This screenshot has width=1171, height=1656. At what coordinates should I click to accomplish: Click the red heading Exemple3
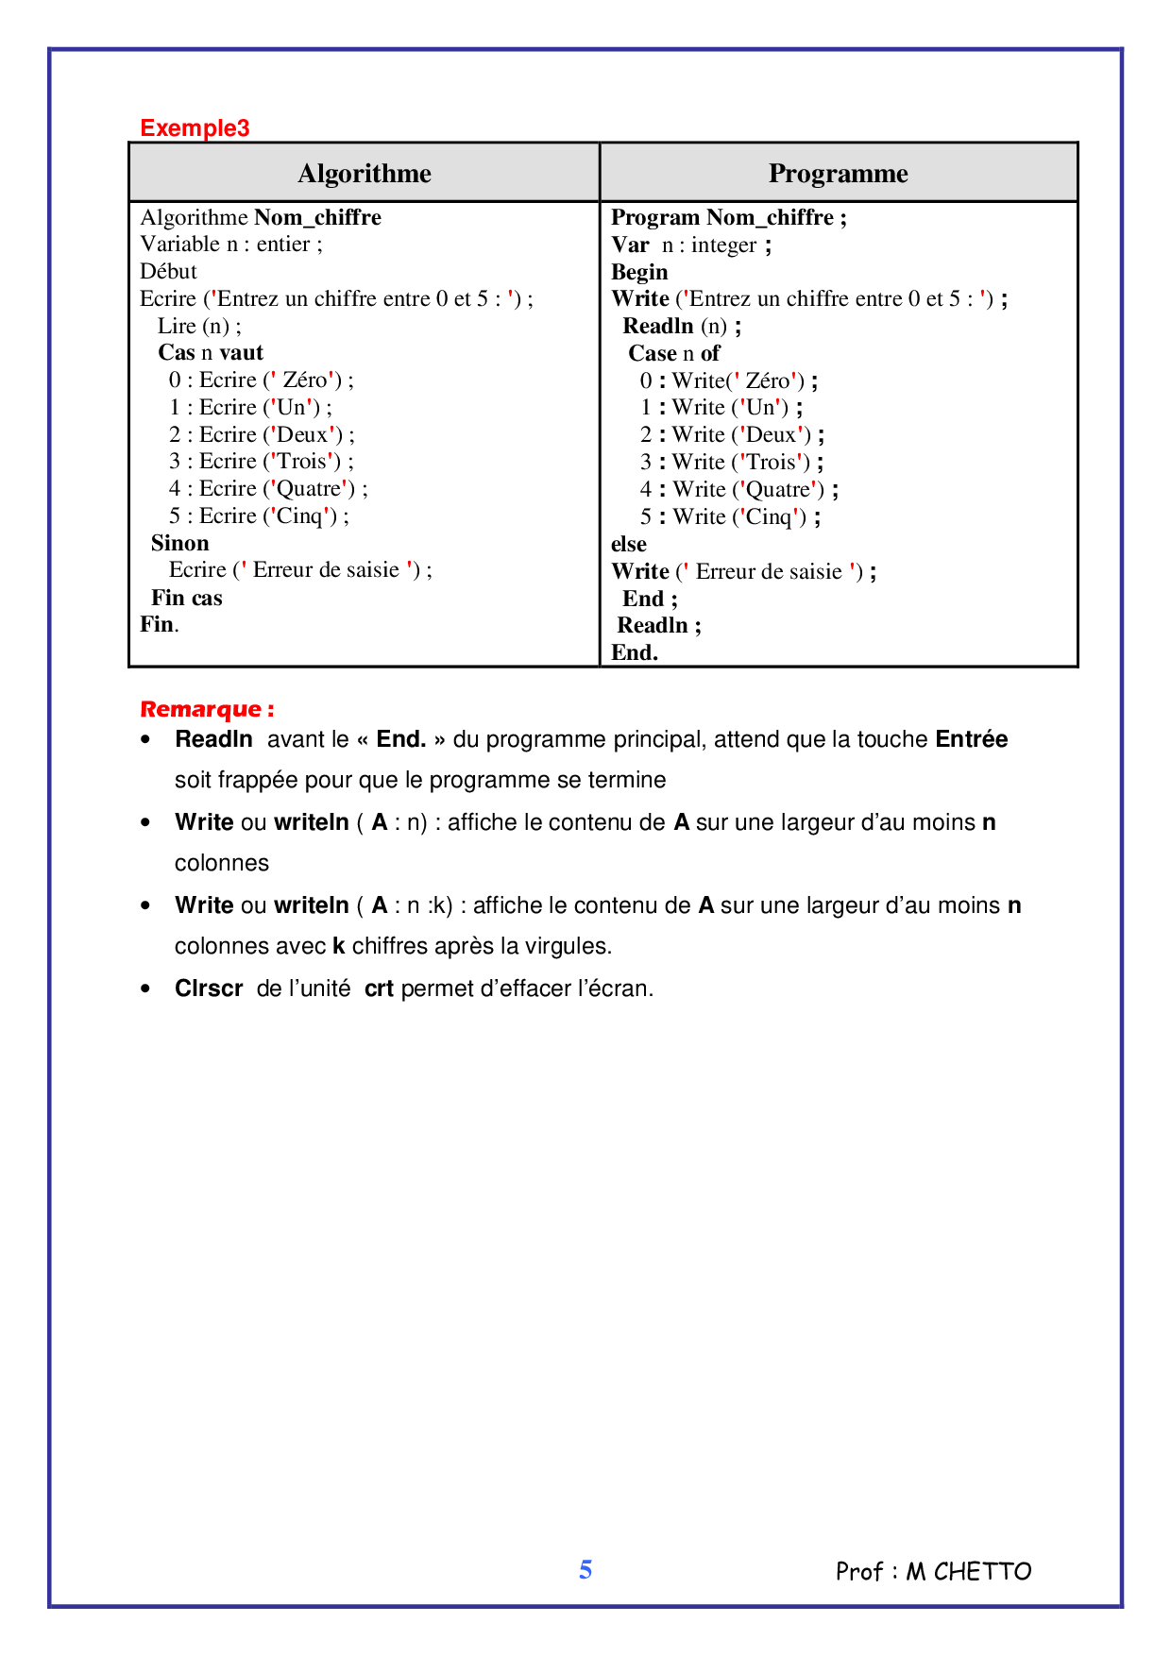[195, 128]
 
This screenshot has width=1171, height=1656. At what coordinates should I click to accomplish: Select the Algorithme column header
[365, 174]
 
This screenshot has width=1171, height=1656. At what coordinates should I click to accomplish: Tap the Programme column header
[838, 174]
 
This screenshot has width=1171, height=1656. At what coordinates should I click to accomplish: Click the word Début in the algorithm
[168, 272]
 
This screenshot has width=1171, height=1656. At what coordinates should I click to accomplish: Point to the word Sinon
[179, 544]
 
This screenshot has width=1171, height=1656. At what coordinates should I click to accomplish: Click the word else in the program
[628, 545]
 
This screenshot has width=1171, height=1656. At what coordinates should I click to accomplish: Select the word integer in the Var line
[723, 245]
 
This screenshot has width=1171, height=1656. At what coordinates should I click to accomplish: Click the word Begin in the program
[639, 273]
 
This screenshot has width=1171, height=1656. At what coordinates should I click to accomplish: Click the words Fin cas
[186, 599]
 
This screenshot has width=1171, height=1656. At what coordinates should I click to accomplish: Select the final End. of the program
[634, 653]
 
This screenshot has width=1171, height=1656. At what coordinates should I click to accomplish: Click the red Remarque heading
[207, 710]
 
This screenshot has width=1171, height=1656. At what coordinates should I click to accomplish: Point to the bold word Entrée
[971, 739]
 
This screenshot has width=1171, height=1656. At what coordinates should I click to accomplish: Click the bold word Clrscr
[209, 989]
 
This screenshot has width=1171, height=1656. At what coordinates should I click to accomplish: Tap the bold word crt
[379, 989]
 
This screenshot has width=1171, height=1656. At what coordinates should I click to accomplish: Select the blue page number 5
[585, 1570]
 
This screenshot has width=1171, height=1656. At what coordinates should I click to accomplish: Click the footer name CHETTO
[982, 1572]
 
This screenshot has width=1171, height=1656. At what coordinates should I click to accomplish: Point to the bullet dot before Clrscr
[145, 989]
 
